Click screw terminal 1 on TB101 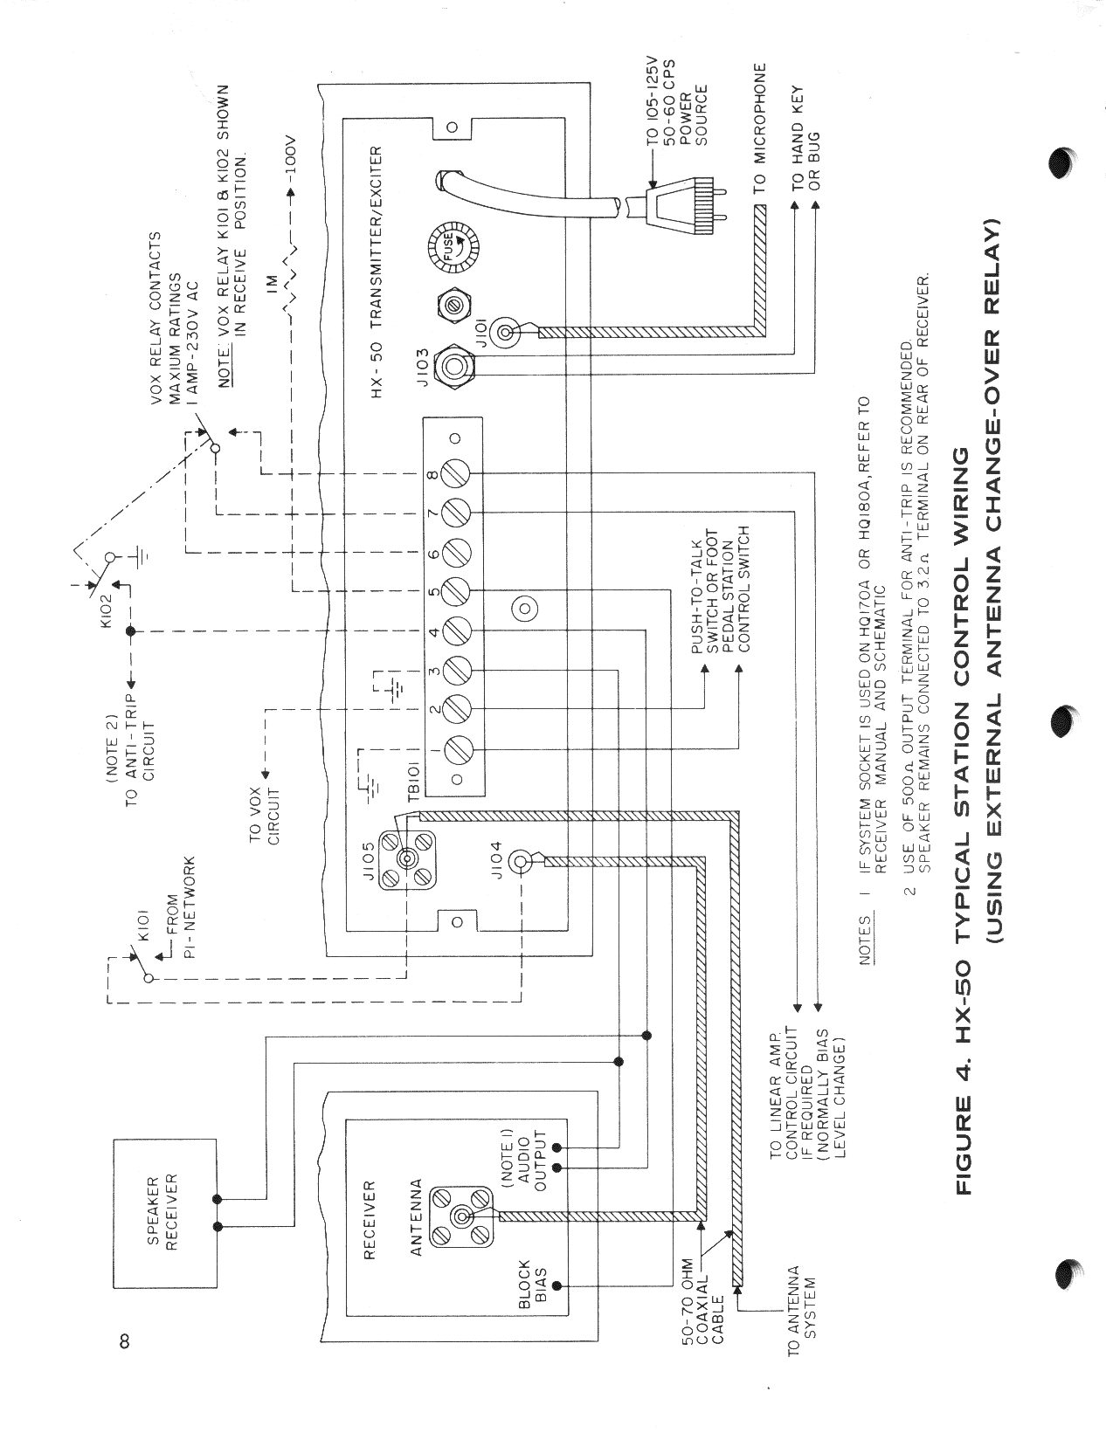pos(458,748)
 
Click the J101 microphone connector pos(509,332)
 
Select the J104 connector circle pos(522,862)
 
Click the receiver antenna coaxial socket pos(461,1216)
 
